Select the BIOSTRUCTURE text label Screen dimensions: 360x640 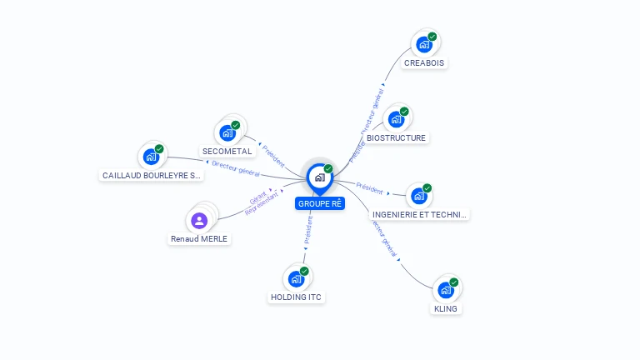point(396,138)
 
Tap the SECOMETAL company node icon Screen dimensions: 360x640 point(227,132)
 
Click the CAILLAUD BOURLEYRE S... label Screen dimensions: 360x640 point(151,176)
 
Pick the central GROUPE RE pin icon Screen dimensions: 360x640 point(319,177)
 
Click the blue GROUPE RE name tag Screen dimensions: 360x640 point(320,203)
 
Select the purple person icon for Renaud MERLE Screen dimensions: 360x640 point(199,221)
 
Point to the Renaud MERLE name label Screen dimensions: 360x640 point(199,239)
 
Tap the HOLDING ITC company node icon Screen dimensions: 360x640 point(296,279)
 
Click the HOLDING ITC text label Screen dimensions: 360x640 point(296,297)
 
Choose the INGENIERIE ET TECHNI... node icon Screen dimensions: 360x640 point(419,197)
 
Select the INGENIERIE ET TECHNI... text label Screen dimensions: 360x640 point(420,215)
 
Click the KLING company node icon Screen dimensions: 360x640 point(446,291)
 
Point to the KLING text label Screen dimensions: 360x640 point(446,309)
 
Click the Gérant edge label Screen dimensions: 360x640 point(258,197)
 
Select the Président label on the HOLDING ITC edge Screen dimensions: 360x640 point(308,231)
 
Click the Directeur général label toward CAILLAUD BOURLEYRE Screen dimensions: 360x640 point(236,169)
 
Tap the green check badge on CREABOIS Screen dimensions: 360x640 point(432,37)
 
